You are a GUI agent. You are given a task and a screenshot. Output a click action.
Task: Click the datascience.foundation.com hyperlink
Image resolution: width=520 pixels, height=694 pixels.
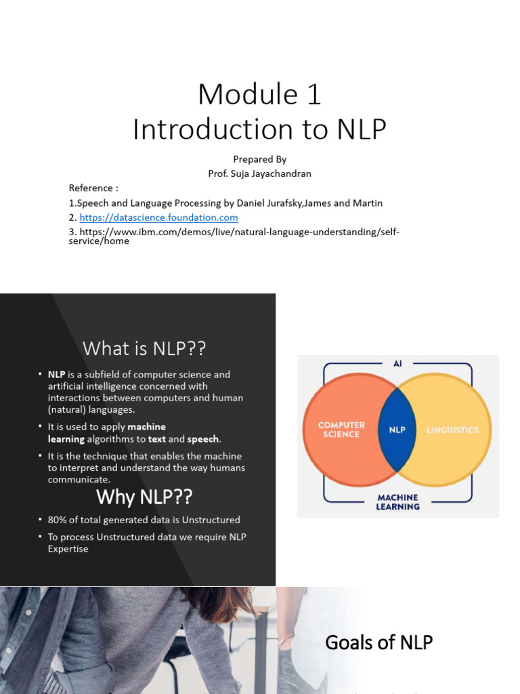(158, 218)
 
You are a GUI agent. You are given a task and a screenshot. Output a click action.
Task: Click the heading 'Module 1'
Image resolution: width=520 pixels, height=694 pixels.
(259, 94)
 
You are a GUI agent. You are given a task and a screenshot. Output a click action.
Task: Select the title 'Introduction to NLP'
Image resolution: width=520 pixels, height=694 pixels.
(259, 129)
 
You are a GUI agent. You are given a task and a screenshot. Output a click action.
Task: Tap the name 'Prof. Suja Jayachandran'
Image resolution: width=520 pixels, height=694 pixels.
(259, 173)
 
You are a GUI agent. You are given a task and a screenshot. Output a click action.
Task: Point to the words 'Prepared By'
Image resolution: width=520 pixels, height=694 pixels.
(259, 159)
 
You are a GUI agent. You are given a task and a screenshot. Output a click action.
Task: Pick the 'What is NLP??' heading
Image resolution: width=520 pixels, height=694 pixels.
(144, 348)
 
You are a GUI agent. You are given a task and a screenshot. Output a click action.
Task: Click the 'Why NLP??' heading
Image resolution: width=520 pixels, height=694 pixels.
(144, 497)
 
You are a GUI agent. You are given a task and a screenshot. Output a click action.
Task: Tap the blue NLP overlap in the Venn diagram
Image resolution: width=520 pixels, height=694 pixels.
(397, 430)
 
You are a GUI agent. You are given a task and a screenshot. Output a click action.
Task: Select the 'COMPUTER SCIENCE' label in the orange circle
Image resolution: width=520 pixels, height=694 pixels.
(341, 430)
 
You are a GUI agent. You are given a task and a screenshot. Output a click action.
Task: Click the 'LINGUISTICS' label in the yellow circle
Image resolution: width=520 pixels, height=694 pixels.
(452, 430)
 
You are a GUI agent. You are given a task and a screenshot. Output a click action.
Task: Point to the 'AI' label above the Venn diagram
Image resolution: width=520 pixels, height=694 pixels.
(397, 364)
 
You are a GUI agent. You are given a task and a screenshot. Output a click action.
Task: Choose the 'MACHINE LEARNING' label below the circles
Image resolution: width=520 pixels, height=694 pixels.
(397, 502)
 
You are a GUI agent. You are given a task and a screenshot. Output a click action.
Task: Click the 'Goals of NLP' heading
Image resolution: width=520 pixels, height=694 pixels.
(378, 642)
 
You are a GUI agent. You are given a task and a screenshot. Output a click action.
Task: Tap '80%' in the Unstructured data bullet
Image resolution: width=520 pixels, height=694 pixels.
(59, 520)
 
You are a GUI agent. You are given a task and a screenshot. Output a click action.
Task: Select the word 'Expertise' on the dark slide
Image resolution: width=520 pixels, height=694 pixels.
(68, 549)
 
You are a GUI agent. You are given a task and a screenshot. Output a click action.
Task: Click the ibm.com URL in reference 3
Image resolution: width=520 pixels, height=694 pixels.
(234, 236)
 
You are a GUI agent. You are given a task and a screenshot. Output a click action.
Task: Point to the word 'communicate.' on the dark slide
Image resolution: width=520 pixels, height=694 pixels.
(79, 480)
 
